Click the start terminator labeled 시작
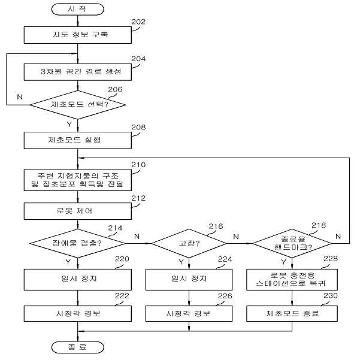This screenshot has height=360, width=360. [78, 9]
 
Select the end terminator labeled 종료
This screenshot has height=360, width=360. [78, 347]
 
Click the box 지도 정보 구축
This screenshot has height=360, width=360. [78, 35]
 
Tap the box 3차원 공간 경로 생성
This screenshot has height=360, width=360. [78, 72]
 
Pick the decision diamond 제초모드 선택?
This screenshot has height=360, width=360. [78, 105]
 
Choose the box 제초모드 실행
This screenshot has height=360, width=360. [78, 140]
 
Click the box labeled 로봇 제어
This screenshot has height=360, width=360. [78, 211]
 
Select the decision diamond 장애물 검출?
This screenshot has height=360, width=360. [78, 243]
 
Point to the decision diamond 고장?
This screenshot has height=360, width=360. [189, 243]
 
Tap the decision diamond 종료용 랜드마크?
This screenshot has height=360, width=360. [292, 243]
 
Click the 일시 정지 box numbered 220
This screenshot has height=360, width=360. [78, 279]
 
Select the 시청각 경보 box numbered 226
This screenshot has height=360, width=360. [189, 313]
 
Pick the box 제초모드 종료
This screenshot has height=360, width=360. [292, 313]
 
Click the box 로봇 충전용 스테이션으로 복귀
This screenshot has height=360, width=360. [292, 279]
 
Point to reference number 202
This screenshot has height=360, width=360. [138, 22]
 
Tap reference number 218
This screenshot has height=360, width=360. [319, 225]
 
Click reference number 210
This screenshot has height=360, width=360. [138, 165]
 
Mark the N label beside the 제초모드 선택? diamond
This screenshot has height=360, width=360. [20, 97]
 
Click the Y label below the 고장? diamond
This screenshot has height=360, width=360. [181, 262]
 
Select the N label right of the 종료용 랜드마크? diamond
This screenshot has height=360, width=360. [338, 236]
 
